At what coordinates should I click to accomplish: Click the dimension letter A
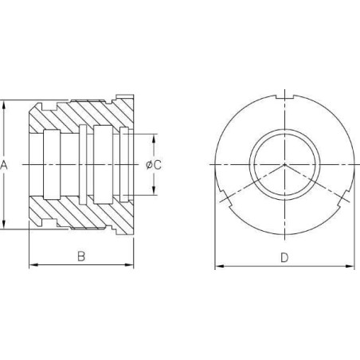3,165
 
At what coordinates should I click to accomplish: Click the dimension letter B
81,256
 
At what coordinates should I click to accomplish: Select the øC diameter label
154,165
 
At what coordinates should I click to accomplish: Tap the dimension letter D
284,257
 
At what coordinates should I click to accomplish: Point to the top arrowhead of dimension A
3,105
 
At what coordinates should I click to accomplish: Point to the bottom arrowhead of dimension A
3,225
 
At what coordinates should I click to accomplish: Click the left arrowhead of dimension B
33,264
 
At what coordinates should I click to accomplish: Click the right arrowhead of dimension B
129,264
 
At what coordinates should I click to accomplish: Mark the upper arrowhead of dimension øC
154,139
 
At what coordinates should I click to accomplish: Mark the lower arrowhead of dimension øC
154,190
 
